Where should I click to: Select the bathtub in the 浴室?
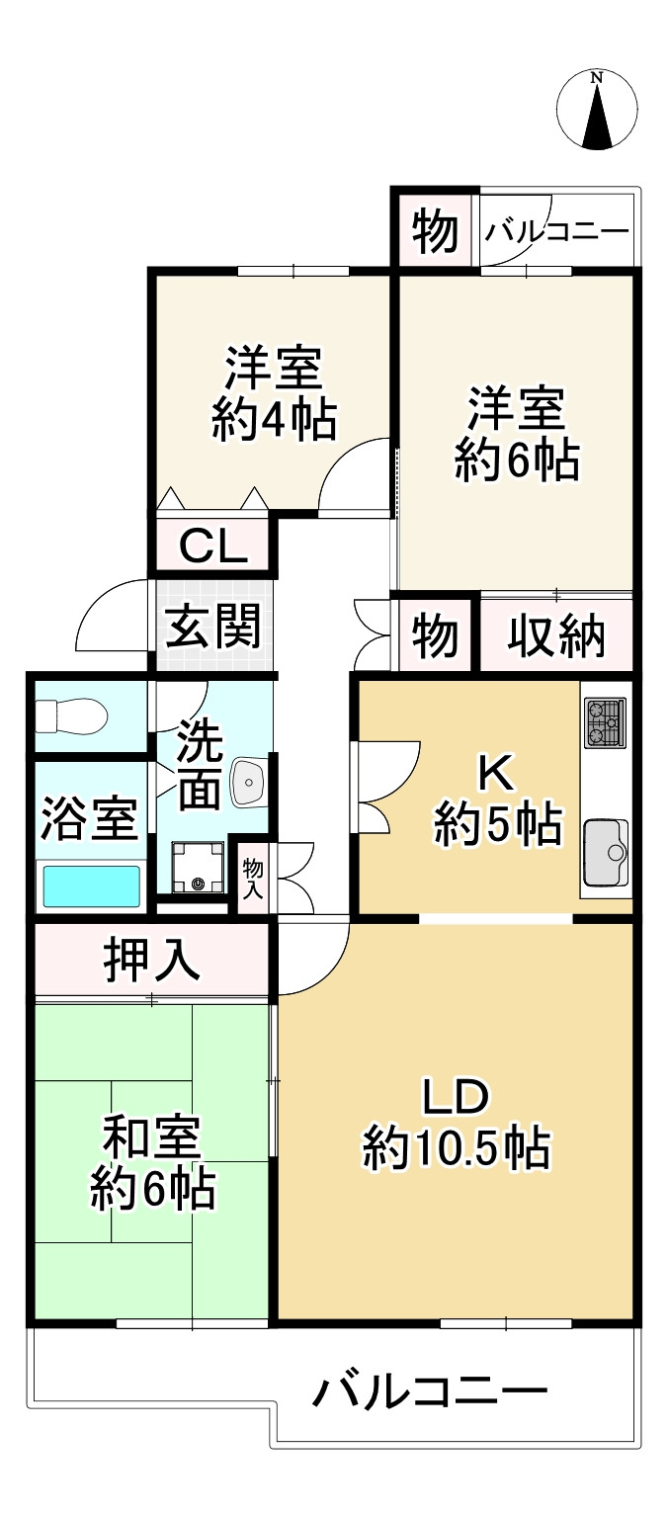[x=91, y=885]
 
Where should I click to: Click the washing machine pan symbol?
[x=199, y=867]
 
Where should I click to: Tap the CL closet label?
[x=212, y=547]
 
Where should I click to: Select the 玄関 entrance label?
[x=212, y=627]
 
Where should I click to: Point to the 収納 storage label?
[x=556, y=636]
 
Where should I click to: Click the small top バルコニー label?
[x=556, y=232]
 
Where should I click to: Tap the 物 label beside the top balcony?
[x=435, y=232]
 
